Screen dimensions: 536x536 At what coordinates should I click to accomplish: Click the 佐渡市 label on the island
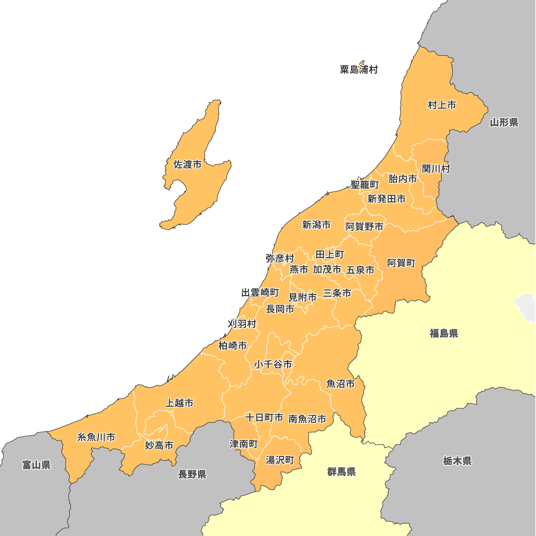point(187,165)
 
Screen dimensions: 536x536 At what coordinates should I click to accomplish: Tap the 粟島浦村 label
point(359,70)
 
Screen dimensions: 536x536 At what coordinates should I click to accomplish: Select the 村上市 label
point(442,105)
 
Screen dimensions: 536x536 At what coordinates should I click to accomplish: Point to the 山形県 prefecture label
point(504,122)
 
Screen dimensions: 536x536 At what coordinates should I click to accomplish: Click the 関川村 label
point(436,169)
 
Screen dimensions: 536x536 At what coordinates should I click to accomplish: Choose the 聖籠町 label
point(364,184)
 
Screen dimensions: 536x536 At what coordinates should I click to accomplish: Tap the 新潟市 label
point(316,225)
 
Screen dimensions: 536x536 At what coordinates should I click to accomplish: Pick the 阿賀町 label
point(401,263)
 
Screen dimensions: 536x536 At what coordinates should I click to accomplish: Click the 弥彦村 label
point(280,258)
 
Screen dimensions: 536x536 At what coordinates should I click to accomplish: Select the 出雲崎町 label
point(260,293)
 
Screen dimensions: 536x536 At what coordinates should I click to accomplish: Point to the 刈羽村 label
point(242,324)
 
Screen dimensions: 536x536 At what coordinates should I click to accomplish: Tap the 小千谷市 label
point(273,364)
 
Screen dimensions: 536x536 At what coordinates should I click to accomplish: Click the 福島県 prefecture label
point(444,333)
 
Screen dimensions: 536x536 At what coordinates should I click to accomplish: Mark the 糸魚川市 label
point(96,437)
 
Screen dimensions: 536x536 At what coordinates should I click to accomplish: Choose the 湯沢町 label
point(280,460)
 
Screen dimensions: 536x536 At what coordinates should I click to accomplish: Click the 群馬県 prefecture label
point(341,472)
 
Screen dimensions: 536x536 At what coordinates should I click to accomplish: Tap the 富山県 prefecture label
point(37,465)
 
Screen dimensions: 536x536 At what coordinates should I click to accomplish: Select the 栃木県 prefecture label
point(457,461)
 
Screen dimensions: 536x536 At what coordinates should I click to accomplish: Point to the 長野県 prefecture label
point(192,474)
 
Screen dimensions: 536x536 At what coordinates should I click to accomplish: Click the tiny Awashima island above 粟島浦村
point(362,63)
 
